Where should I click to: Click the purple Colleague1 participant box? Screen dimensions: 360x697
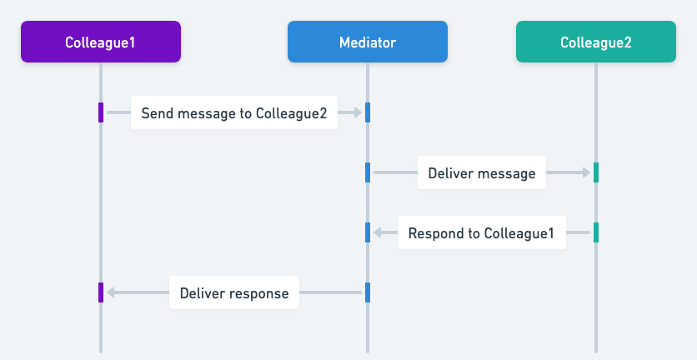click(x=100, y=42)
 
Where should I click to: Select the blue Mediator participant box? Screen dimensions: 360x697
click(x=367, y=42)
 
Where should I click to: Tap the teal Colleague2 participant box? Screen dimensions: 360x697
click(x=595, y=42)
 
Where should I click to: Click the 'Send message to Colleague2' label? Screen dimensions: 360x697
click(x=233, y=112)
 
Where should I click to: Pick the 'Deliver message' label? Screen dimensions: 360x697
click(x=481, y=172)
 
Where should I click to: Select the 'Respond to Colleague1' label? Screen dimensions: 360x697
click(x=481, y=232)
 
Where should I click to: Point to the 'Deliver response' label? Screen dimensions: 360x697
click(x=233, y=292)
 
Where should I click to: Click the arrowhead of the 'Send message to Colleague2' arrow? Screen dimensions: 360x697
click(x=357, y=112)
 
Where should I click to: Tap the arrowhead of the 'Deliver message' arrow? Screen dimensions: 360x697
click(x=586, y=172)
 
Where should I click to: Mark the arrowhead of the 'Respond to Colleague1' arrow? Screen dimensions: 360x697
click(x=378, y=232)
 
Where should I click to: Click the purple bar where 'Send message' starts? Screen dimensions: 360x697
click(x=101, y=112)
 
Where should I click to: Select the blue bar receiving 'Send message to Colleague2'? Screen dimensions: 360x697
click(x=367, y=112)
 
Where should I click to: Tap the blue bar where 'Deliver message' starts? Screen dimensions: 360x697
click(x=367, y=172)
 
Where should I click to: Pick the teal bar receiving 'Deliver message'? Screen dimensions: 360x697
click(x=595, y=172)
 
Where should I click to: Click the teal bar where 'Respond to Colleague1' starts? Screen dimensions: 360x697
click(x=595, y=232)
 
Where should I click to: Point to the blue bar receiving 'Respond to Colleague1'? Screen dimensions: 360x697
click(x=367, y=232)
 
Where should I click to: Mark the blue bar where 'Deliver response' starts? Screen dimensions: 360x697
click(x=367, y=292)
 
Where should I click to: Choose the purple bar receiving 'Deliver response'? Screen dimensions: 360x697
click(x=101, y=292)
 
